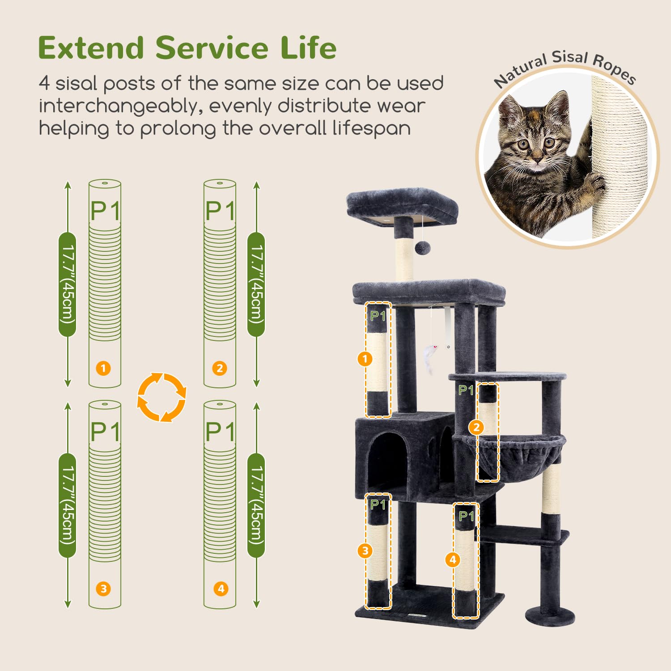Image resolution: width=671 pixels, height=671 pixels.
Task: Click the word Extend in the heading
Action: (91, 48)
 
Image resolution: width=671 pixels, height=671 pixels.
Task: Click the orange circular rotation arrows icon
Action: (161, 397)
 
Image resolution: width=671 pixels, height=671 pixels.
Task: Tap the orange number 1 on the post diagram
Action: (103, 368)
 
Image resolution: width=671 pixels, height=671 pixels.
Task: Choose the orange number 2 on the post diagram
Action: (219, 368)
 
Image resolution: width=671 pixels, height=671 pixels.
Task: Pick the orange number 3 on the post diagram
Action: (103, 588)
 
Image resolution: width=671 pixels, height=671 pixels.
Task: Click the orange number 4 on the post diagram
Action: (220, 588)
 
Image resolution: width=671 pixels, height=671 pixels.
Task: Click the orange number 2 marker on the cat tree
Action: (476, 427)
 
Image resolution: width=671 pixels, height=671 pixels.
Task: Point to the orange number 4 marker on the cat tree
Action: (453, 559)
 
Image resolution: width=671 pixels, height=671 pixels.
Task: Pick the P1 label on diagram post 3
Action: (105, 431)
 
